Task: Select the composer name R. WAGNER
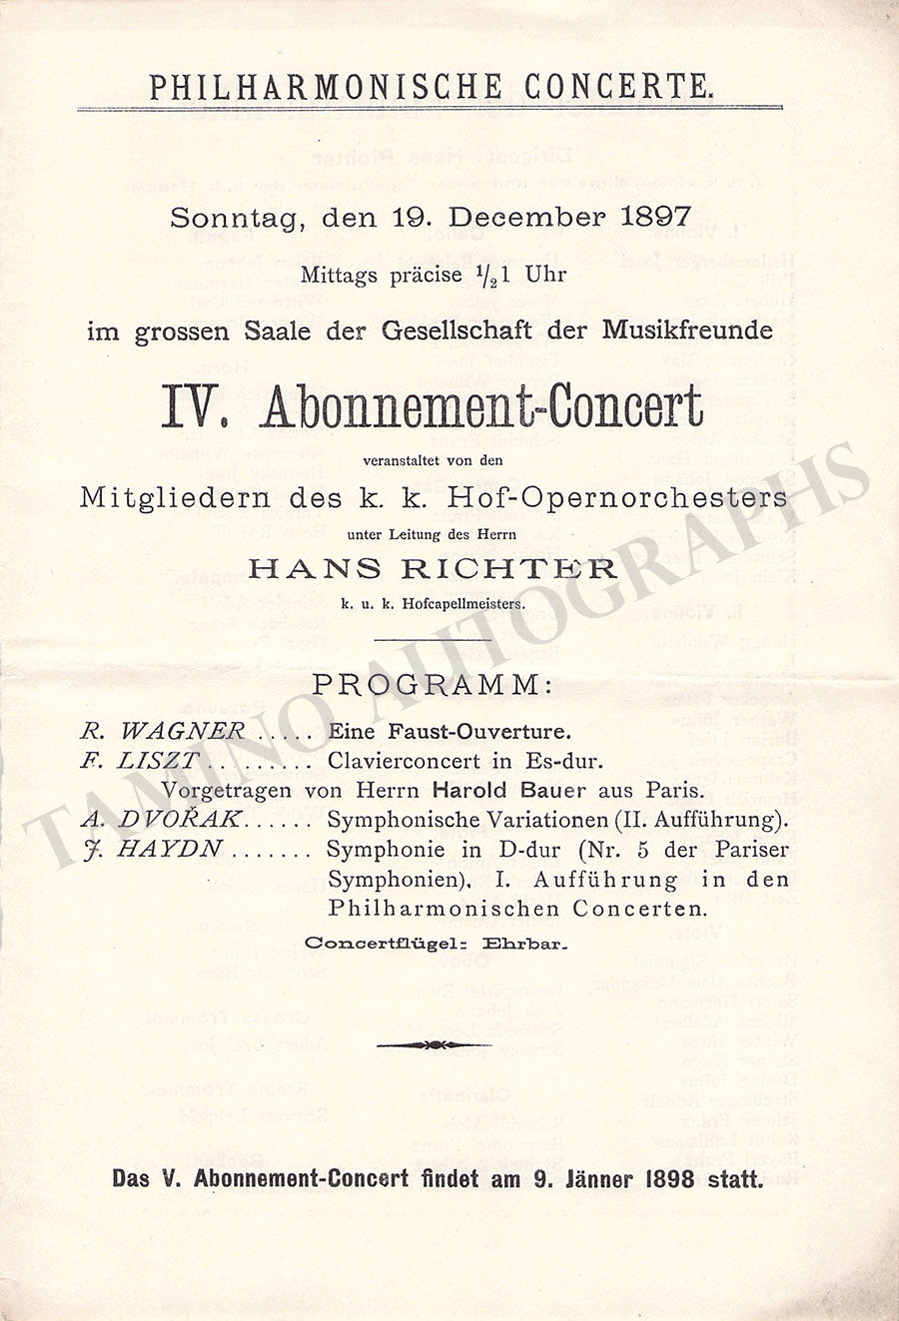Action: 163,731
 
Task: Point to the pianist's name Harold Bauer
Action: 496,791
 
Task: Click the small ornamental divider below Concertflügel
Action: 434,1045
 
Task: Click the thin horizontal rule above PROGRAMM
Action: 431,639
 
